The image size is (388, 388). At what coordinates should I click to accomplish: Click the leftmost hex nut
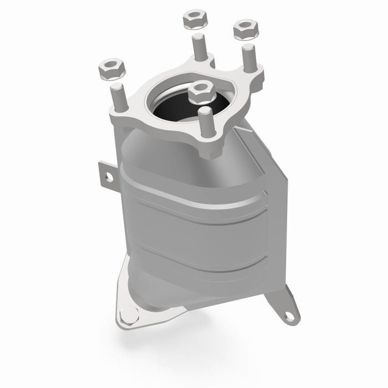[110, 69]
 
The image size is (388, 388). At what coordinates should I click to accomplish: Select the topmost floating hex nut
[195, 21]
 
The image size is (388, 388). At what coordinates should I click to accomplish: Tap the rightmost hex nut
[243, 29]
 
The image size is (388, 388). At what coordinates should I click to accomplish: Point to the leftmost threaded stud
[117, 97]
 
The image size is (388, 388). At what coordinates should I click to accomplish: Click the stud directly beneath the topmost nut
[197, 47]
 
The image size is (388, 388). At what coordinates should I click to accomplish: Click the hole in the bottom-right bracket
[288, 316]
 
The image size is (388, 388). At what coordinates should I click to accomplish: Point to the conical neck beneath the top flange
[166, 150]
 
